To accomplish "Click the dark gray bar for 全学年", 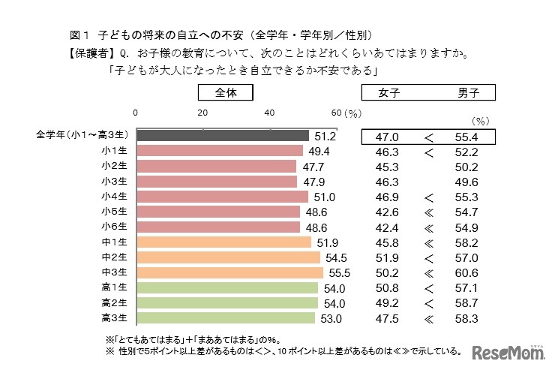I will coord(222,136).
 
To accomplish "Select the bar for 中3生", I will coord(229,272).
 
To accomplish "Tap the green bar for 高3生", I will coord(225,318).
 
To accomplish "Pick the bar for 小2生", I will coord(216,166).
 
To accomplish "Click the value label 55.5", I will coord(338,272).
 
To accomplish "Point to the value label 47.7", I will coord(312,166).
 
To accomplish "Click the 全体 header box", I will coord(225,93).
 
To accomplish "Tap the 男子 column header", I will coord(469,93).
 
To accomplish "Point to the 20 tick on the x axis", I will coord(202,113).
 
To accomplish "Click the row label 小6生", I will coord(115,227).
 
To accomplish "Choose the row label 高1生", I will coord(115,287).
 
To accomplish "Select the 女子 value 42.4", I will coord(390,227).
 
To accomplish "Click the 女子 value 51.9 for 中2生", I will coord(390,257).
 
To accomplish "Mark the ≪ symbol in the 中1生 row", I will coord(429,242).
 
